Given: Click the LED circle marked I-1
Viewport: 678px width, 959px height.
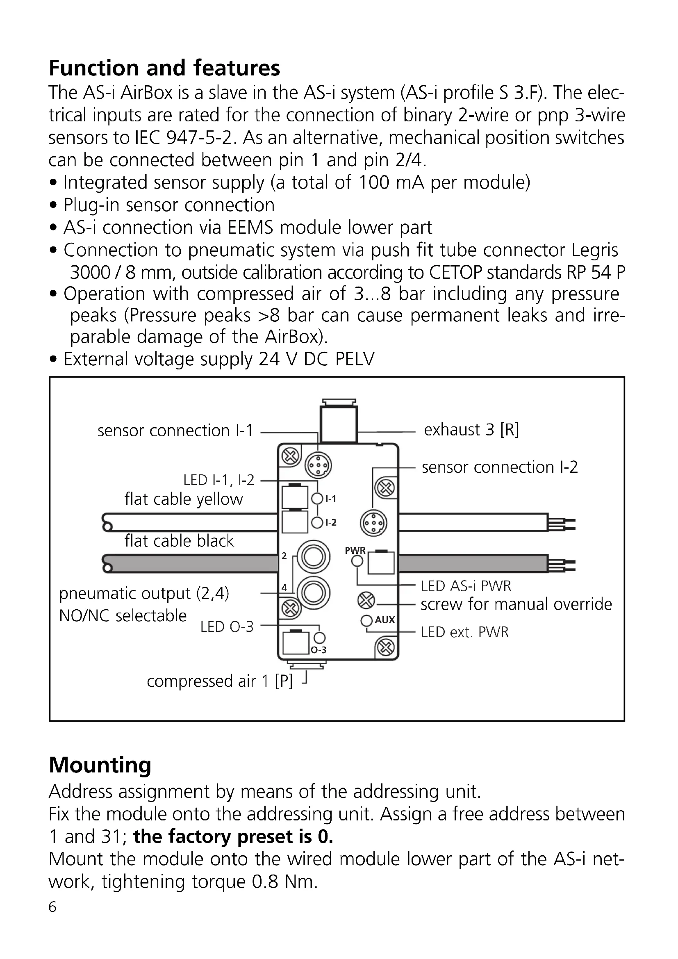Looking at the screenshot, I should pos(317,498).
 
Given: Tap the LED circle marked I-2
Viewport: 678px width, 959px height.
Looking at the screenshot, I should pos(317,522).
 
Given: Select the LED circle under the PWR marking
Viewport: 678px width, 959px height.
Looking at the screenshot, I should pos(357,561).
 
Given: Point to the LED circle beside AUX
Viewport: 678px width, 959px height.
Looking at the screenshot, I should pos(366,621).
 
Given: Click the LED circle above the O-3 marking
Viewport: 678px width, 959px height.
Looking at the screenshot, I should pos(320,638).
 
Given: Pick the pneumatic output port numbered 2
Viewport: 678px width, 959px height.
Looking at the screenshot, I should pos(313,556).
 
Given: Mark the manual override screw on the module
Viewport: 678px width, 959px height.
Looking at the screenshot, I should pos(366,601).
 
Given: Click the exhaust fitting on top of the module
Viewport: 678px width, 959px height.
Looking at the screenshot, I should pos(339,422).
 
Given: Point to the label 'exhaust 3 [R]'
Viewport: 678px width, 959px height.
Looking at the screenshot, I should pos(471,430).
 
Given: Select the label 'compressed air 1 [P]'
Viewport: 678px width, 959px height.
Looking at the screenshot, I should pos(220,681).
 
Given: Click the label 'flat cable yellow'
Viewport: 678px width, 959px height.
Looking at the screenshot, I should pos(183,499).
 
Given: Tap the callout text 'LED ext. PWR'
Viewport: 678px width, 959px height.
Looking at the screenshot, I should pos(465,632).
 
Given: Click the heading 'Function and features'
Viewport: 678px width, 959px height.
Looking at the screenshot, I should pos(164,68).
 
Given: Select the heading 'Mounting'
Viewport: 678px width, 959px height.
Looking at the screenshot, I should pos(100,765).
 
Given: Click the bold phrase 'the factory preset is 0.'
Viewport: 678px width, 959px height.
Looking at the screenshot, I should pos(233,837).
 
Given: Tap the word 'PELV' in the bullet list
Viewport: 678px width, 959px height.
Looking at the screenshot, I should pos(355,359).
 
